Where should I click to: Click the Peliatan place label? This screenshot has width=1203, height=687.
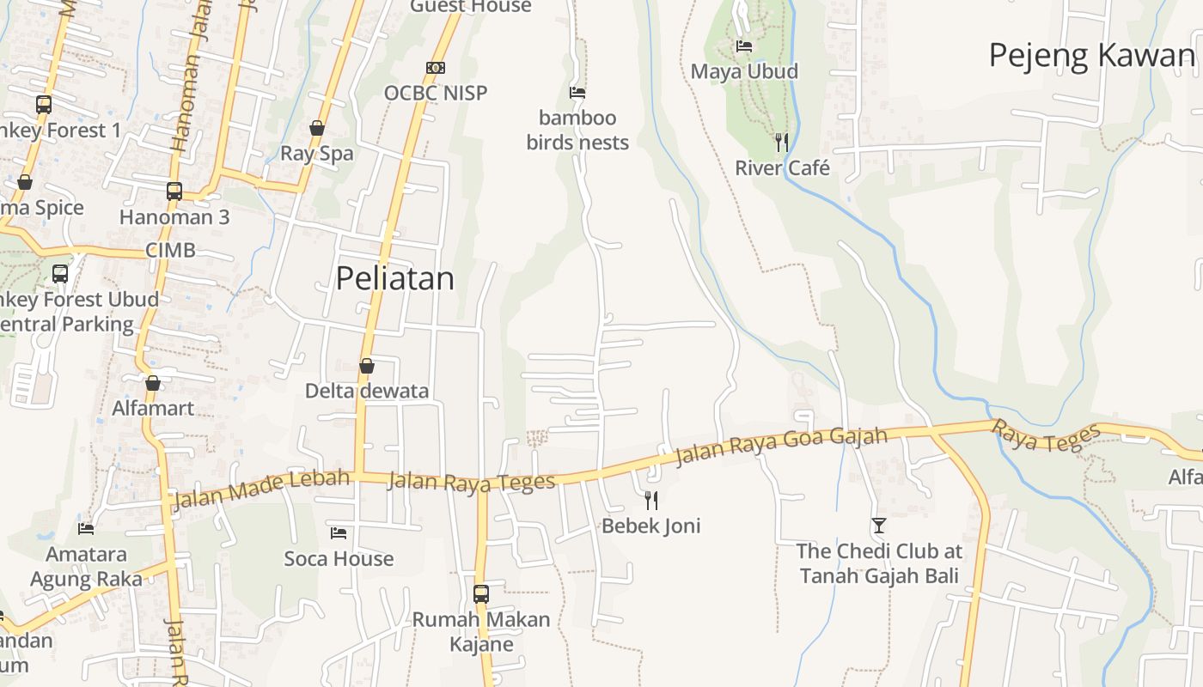[x=394, y=278]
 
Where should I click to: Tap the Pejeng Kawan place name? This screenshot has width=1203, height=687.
[x=1091, y=55]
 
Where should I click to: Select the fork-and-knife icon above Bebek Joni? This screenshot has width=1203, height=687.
[x=651, y=500]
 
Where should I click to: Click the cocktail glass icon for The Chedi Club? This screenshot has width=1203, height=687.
[x=878, y=525]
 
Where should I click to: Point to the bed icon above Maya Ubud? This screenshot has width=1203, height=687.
[x=744, y=46]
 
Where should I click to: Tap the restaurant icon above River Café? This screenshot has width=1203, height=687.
[x=781, y=142]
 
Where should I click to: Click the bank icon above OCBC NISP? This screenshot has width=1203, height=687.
[x=436, y=68]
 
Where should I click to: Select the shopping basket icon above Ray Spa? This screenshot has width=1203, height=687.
[x=317, y=128]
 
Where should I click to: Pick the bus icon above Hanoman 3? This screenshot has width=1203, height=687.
[x=174, y=191]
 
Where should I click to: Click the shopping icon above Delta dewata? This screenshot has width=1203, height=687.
[x=367, y=366]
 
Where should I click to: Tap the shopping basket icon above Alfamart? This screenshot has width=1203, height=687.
[x=153, y=382]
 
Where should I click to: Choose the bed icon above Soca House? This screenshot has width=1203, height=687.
[x=339, y=533]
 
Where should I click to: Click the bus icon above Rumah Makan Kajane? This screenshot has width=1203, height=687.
[x=481, y=593]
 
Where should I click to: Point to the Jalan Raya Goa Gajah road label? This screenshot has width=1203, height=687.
[x=781, y=446]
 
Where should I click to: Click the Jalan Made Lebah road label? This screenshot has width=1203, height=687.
[x=262, y=489]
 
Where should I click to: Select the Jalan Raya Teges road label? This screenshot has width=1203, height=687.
[x=471, y=482]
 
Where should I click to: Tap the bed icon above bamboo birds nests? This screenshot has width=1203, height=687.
[x=577, y=92]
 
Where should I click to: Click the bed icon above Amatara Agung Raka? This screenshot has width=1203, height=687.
[x=86, y=528]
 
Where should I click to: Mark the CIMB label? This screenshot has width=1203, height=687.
[x=170, y=251]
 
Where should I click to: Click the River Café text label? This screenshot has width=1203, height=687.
[x=782, y=167]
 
